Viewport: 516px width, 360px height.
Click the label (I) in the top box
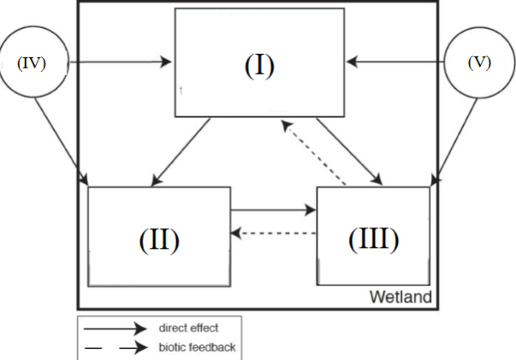pyautogui.click(x=260, y=66)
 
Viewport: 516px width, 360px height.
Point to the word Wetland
pyautogui.click(x=400, y=297)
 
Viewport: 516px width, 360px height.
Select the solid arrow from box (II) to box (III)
pyautogui.click(x=272, y=208)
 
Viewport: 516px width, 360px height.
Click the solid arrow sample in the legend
pyautogui.click(x=115, y=326)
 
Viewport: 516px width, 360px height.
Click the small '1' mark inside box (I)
pyautogui.click(x=181, y=88)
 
